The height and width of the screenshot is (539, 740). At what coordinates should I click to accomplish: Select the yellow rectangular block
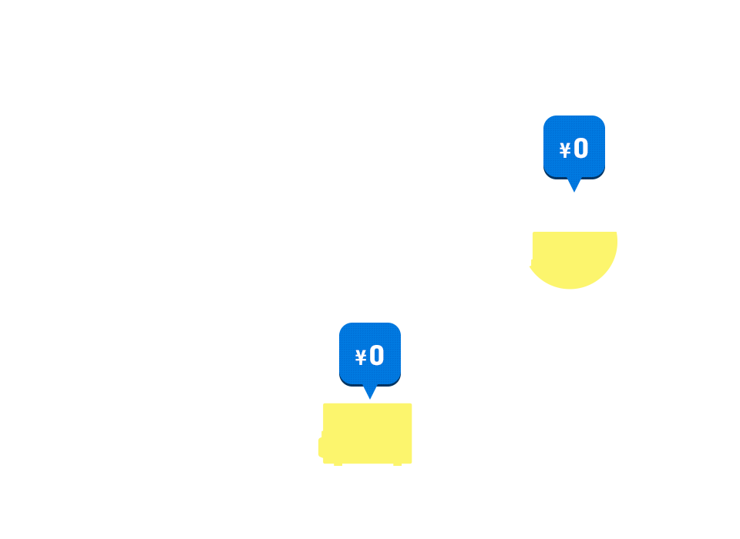(368, 433)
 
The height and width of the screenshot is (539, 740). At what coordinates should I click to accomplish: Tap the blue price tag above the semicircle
(573, 146)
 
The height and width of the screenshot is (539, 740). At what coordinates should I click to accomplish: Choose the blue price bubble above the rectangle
(370, 353)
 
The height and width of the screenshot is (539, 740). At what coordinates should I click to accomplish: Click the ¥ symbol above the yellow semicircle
(565, 150)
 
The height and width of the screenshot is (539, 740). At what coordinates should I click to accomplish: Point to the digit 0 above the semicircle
(581, 148)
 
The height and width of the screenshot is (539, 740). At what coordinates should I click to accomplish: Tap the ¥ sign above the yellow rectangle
(361, 357)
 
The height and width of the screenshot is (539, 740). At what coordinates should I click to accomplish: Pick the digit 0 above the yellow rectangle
(377, 355)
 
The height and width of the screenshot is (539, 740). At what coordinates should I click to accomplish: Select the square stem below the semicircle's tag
(573, 186)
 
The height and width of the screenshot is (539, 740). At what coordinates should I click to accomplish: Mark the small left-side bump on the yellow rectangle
(321, 447)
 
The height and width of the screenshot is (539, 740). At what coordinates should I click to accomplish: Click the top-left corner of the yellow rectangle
(325, 404)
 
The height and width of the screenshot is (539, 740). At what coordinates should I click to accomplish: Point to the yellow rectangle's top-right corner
(411, 404)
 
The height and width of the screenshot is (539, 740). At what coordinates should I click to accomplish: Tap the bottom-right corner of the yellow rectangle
(411, 462)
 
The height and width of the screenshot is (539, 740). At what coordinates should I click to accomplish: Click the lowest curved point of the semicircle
(570, 288)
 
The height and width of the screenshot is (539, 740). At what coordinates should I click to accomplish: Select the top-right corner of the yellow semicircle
(616, 233)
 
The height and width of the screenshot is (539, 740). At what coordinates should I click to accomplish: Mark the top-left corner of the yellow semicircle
(533, 233)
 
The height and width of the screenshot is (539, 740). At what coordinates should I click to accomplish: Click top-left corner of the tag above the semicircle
(543, 117)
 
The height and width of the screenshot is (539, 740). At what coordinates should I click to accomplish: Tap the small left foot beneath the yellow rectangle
(338, 464)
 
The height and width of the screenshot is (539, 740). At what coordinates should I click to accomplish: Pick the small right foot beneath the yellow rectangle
(398, 464)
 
